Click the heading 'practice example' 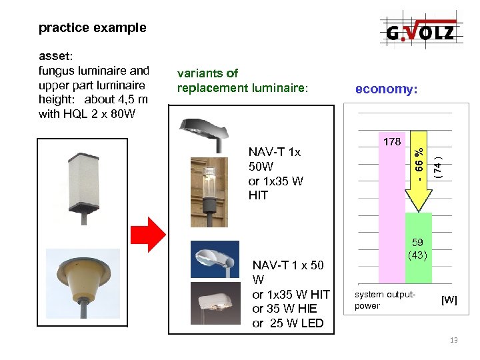coord(92,28)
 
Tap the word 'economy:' coord(387,89)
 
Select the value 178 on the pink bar coord(393,142)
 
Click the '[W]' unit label coord(449,300)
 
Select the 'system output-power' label coord(385,300)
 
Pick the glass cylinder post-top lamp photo coord(208,190)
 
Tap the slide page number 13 coord(454,341)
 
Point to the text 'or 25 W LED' coord(287,323)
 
